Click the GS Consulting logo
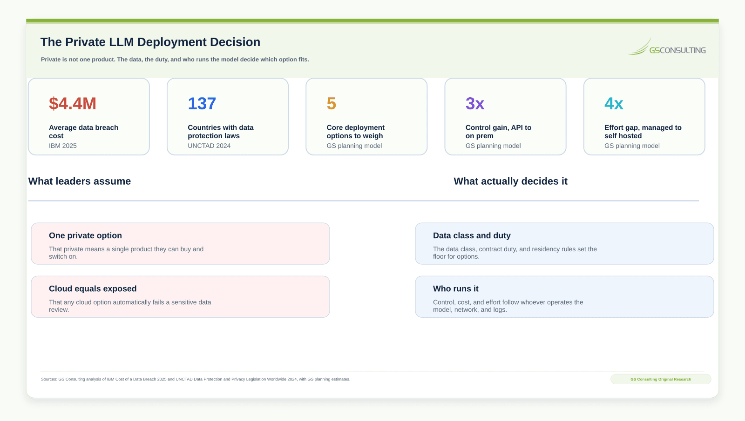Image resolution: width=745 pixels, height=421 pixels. (666, 47)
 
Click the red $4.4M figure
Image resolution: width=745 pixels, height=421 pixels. (73, 103)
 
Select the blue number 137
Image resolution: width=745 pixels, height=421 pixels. (202, 103)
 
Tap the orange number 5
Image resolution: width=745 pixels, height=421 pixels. (331, 103)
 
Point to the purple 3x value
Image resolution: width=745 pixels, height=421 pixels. (474, 103)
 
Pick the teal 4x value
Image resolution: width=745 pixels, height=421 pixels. (614, 103)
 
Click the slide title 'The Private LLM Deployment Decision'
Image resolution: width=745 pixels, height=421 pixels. (150, 42)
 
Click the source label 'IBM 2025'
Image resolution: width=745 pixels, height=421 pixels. (62, 146)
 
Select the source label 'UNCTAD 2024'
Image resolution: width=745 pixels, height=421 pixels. (209, 146)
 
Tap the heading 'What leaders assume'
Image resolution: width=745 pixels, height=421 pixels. (80, 181)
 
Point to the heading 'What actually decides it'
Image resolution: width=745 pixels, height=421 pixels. (510, 181)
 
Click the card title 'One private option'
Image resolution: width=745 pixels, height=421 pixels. (85, 235)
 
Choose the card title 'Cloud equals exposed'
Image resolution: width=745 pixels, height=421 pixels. (93, 289)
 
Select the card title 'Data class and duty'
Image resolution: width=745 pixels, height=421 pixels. (472, 235)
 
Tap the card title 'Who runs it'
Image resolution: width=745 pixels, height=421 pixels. (456, 289)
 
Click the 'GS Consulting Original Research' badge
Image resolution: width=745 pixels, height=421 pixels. (661, 379)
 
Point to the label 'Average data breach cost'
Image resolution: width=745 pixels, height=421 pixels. (83, 132)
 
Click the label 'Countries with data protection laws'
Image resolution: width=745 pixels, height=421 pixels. (221, 132)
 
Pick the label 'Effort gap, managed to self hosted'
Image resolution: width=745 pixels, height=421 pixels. (643, 132)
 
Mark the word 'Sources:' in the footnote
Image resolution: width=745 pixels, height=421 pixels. (49, 379)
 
